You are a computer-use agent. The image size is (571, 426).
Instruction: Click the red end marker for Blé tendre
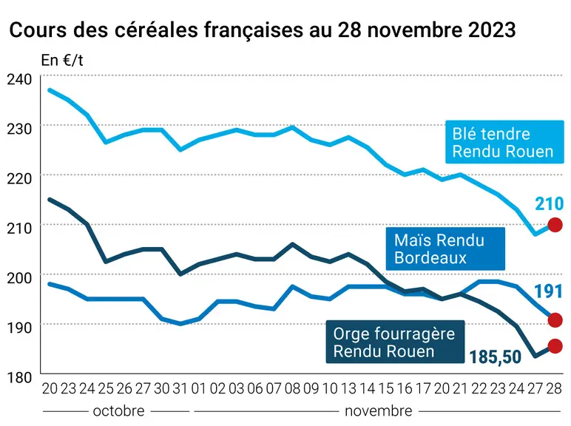click(555, 225)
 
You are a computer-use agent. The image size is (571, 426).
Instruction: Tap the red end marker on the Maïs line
click(555, 320)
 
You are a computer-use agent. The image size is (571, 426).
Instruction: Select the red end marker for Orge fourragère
click(555, 346)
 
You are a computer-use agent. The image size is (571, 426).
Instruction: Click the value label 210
click(549, 204)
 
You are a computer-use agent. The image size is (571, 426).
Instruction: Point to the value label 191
click(549, 291)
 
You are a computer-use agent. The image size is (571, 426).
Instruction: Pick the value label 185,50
click(496, 357)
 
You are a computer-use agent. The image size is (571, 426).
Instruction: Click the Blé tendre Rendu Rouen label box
click(504, 142)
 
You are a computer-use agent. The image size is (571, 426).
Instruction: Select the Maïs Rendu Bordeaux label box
click(445, 248)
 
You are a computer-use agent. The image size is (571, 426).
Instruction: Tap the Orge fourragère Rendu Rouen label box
click(395, 342)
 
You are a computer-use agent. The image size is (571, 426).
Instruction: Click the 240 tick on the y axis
click(20, 79)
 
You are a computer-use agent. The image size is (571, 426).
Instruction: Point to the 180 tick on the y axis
click(20, 377)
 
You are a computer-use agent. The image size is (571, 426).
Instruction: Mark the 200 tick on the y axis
click(20, 278)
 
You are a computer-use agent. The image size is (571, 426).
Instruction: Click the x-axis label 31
click(180, 389)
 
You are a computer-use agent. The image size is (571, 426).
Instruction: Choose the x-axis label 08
click(292, 389)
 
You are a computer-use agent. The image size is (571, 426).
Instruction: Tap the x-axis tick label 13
click(348, 389)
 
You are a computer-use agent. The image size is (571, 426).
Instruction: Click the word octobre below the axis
click(119, 411)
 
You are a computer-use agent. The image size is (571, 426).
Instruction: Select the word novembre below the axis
click(379, 411)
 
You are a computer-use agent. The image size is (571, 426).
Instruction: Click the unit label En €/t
click(62, 61)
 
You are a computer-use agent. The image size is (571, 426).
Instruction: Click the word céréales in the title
click(157, 30)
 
